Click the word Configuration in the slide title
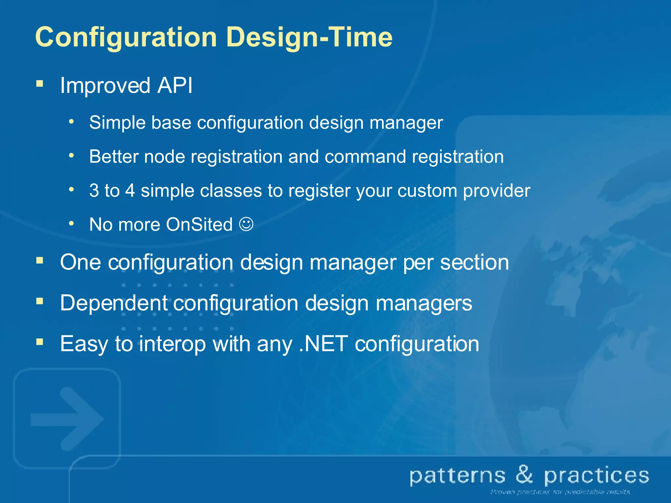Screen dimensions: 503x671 [x=126, y=37]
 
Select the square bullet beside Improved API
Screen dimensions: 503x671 [x=40, y=84]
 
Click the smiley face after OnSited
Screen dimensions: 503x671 [x=246, y=224]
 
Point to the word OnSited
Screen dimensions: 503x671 [x=199, y=225]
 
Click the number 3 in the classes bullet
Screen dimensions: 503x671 [x=94, y=191]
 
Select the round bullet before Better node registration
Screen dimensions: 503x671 [x=71, y=156]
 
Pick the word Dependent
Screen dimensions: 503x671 [x=114, y=303]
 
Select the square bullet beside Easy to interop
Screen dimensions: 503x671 [x=40, y=342]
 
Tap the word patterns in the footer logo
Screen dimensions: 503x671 [x=457, y=476]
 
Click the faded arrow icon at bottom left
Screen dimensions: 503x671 [x=67, y=419]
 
